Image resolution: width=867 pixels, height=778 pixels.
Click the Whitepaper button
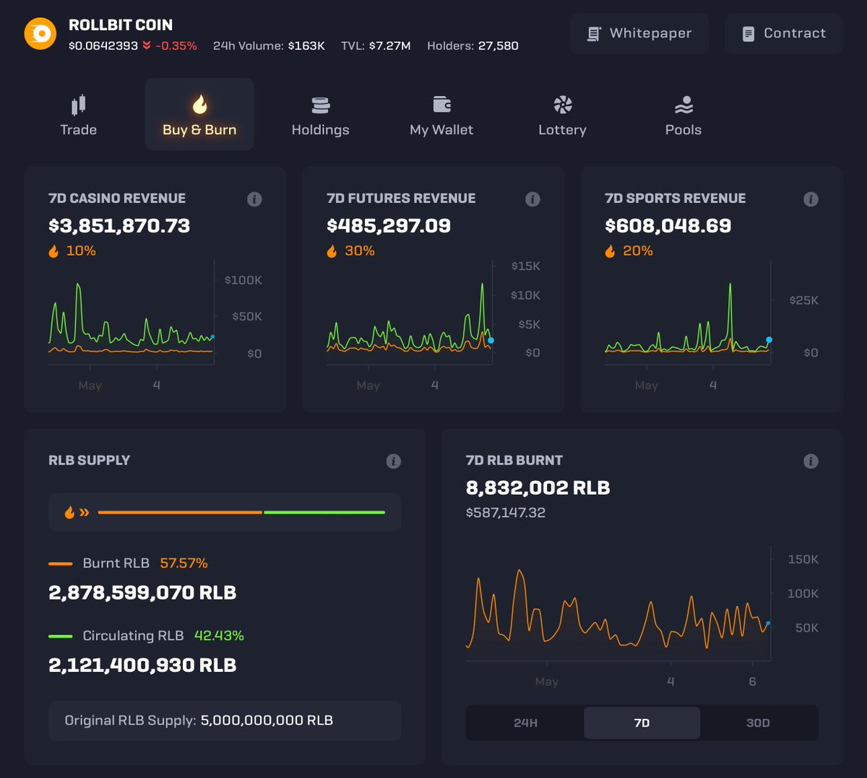click(x=639, y=33)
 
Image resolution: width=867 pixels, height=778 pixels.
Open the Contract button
click(x=784, y=33)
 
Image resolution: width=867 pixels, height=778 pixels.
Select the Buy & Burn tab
click(x=199, y=115)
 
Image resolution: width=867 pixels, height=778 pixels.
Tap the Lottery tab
click(x=562, y=115)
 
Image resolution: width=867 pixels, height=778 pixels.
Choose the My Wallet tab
click(x=441, y=115)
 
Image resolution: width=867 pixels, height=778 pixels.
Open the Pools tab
click(x=683, y=115)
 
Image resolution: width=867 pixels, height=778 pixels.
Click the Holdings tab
click(x=320, y=115)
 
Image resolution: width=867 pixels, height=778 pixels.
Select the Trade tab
click(x=79, y=115)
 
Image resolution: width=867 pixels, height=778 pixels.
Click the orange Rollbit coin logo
click(x=40, y=34)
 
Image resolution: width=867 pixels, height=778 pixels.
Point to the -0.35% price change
click(x=176, y=46)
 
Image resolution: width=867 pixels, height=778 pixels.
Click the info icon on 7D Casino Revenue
click(x=254, y=199)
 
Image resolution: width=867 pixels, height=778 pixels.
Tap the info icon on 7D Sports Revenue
click(x=811, y=199)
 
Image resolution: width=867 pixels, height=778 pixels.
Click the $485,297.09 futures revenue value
click(x=389, y=226)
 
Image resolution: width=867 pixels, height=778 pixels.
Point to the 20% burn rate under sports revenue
click(x=637, y=251)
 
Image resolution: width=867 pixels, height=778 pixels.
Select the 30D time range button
click(x=758, y=723)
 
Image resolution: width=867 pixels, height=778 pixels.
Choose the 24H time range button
click(x=525, y=723)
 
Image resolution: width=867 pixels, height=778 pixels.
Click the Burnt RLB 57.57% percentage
click(x=184, y=563)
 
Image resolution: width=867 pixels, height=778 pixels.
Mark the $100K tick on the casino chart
click(x=243, y=280)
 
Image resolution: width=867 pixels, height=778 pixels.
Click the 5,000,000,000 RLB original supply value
click(x=267, y=721)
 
